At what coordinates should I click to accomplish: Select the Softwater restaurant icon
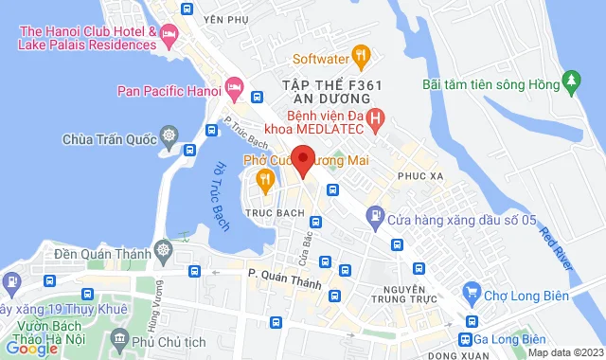pos(360,53)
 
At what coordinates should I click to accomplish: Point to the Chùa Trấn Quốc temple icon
pos(169,139)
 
